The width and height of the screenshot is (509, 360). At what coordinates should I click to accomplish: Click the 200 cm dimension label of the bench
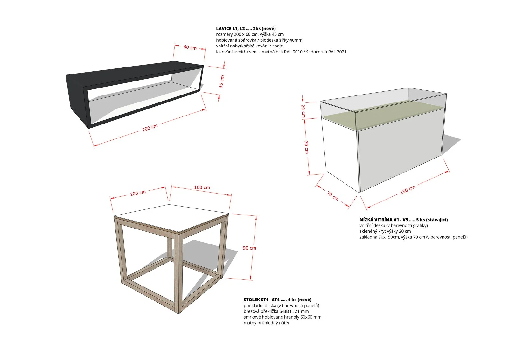click(x=150, y=128)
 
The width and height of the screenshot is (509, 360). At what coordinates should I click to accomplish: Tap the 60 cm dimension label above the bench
click(x=190, y=47)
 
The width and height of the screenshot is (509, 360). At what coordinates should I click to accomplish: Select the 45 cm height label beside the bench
click(x=221, y=81)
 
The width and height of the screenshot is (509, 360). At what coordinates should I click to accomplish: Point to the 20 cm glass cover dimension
click(x=303, y=111)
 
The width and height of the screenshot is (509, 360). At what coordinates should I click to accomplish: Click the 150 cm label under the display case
click(x=408, y=190)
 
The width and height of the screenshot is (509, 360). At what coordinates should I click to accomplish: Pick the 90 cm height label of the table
click(x=249, y=248)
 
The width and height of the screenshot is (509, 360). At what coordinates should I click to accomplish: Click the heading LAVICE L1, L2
click(x=230, y=28)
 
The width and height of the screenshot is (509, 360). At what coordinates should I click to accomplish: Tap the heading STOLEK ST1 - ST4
click(x=261, y=300)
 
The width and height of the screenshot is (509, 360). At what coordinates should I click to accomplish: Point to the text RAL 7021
click(x=337, y=52)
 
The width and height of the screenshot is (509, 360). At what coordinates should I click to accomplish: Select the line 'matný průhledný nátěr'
click(x=267, y=323)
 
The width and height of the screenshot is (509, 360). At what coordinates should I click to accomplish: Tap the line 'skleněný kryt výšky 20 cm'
click(x=385, y=231)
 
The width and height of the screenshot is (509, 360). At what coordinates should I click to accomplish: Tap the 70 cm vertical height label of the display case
click(x=307, y=147)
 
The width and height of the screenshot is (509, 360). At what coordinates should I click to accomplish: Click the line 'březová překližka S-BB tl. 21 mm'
click(x=276, y=311)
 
